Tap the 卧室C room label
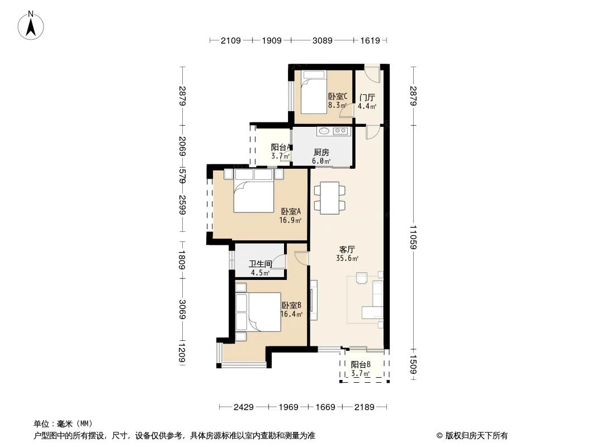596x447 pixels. point(338,100)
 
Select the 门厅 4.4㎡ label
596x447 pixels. point(367,101)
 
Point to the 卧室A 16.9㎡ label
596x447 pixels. point(291,216)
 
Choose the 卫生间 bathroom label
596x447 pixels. point(261,268)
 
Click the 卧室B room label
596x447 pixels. point(291,310)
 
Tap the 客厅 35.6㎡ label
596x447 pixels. point(347,254)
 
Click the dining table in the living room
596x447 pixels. point(330,197)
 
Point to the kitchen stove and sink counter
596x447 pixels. point(333,132)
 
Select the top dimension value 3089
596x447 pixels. point(322,40)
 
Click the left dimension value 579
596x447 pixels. point(182,171)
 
